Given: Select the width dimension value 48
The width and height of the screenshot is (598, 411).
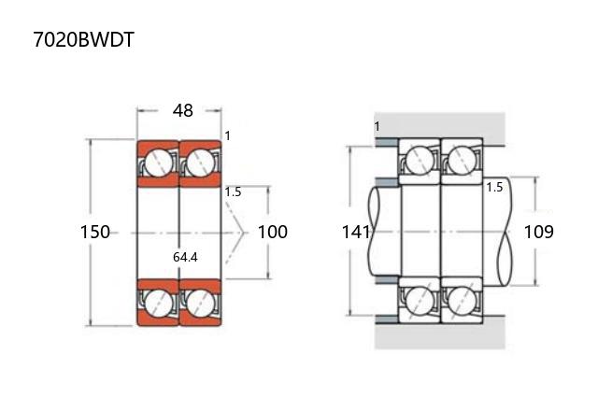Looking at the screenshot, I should [x=182, y=110].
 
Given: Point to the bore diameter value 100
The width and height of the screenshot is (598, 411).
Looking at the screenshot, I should [x=272, y=232].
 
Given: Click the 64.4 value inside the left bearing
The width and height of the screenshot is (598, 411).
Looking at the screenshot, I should [x=185, y=257].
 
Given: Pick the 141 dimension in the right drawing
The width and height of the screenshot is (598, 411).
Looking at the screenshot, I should [x=356, y=232].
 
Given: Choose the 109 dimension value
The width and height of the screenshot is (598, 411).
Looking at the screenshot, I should [x=538, y=232].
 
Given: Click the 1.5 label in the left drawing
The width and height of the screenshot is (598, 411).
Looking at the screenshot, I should [x=233, y=191].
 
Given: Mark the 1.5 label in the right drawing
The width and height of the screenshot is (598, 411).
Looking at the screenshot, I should [x=494, y=187].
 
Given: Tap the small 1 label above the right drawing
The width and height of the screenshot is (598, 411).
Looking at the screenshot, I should [x=377, y=126].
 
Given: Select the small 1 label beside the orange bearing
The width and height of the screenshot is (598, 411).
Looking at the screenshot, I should [x=227, y=135].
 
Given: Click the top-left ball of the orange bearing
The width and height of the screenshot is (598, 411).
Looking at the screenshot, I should [x=159, y=163].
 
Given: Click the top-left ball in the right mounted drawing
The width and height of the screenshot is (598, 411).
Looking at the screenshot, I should [x=420, y=160].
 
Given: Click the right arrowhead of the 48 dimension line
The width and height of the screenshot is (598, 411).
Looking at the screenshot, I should [x=219, y=110].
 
